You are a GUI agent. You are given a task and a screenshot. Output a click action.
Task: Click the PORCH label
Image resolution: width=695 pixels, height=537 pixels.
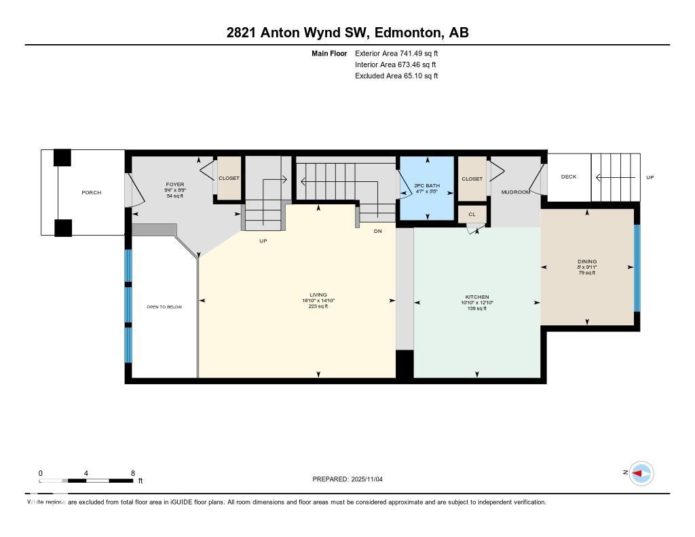(x=91, y=193)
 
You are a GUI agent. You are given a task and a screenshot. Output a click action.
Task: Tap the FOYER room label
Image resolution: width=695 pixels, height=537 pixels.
(x=175, y=185)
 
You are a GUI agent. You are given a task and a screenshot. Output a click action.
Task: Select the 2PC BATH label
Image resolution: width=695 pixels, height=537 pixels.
(x=427, y=185)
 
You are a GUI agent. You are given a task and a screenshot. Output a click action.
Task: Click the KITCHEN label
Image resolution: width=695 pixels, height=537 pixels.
(x=477, y=297)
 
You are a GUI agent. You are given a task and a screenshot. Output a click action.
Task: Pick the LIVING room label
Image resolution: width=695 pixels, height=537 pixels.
(x=318, y=295)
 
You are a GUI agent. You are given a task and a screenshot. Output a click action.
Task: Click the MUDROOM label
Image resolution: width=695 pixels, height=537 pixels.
(x=515, y=192)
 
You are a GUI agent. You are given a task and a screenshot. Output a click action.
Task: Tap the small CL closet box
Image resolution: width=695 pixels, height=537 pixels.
(x=472, y=214)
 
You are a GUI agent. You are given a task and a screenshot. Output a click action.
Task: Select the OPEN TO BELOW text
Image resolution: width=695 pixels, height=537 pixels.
(x=164, y=307)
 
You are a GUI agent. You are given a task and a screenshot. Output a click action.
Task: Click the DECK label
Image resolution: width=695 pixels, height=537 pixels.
(x=569, y=177)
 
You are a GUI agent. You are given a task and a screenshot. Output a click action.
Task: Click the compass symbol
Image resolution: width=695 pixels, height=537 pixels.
(x=641, y=473)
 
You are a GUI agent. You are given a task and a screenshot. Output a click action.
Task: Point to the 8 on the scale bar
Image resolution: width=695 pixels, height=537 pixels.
(x=133, y=473)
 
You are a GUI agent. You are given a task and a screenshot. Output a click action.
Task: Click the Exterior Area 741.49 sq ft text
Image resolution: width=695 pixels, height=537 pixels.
(x=401, y=53)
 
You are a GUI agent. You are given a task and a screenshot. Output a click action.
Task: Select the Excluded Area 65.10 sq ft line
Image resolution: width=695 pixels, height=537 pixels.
(x=396, y=76)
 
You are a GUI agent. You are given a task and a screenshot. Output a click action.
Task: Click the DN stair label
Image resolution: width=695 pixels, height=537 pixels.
(x=378, y=231)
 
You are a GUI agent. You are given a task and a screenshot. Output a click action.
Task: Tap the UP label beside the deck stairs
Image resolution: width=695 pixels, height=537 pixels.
(x=650, y=177)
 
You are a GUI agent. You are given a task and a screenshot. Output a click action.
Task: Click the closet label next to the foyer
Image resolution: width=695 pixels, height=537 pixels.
(x=229, y=179)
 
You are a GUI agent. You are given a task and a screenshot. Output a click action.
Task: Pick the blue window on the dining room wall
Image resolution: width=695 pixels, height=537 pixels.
(x=637, y=267)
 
